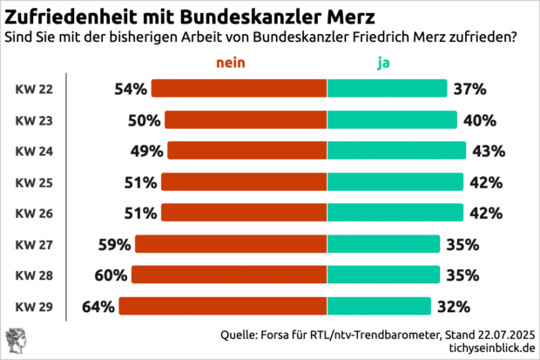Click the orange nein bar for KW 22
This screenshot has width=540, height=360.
[x=240, y=89]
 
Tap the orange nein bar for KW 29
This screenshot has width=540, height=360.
[x=223, y=306]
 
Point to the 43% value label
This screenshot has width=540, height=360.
[x=489, y=151]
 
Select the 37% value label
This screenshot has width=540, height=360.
[x=469, y=89]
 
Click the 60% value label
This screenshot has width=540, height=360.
[x=111, y=275]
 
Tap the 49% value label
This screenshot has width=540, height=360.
[x=148, y=151]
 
